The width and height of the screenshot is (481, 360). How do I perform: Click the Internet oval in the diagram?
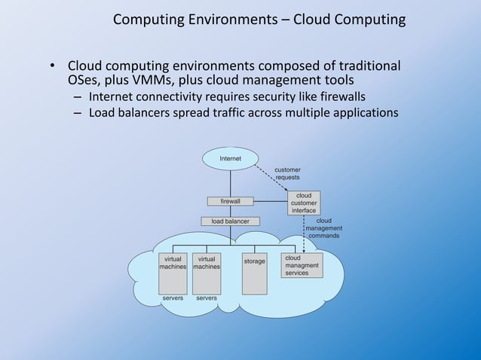point(230,159)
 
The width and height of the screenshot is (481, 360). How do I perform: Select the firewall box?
point(230,202)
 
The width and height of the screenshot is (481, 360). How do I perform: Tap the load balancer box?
point(230,221)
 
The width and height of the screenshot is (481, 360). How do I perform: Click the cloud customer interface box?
point(304,203)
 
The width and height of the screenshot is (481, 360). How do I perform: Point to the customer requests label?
point(286,174)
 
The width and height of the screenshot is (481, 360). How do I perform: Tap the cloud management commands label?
point(324,228)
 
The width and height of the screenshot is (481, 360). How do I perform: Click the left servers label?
point(173,298)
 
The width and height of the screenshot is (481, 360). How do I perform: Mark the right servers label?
point(206,298)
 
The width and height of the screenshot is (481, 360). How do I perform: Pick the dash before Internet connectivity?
point(78,97)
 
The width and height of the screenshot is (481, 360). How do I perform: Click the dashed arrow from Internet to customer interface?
point(272,180)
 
